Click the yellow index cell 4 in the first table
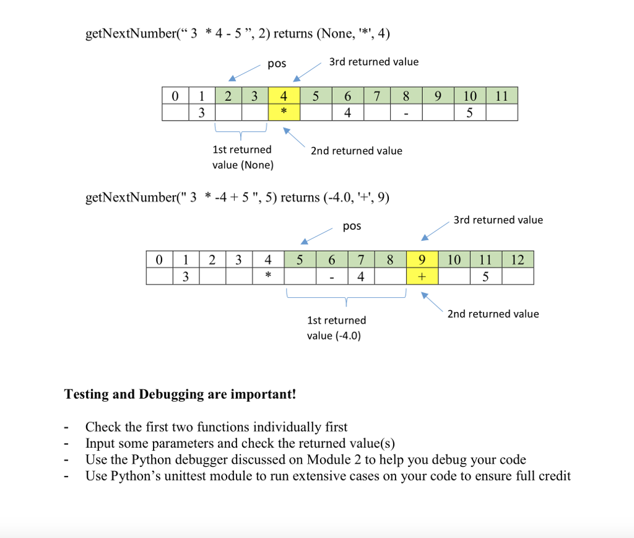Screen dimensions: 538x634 (x=284, y=96)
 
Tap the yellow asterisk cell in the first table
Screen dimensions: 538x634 (x=284, y=112)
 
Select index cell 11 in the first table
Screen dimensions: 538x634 (x=502, y=96)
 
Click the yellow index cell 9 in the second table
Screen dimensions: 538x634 (x=423, y=259)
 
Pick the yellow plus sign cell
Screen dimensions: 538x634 (x=423, y=276)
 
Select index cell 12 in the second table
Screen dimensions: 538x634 (x=518, y=259)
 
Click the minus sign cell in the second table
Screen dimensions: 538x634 (x=331, y=276)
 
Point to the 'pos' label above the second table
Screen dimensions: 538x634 (x=351, y=226)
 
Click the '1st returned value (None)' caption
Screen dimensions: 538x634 (x=242, y=157)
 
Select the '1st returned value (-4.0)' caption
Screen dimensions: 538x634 (x=336, y=328)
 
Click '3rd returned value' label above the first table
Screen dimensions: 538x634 (x=373, y=62)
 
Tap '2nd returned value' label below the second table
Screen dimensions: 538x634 (x=493, y=314)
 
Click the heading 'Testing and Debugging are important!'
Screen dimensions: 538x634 (x=180, y=394)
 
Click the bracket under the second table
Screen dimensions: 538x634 (x=345, y=299)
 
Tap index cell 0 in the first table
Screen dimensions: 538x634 (x=175, y=96)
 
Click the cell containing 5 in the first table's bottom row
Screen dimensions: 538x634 (x=470, y=112)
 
